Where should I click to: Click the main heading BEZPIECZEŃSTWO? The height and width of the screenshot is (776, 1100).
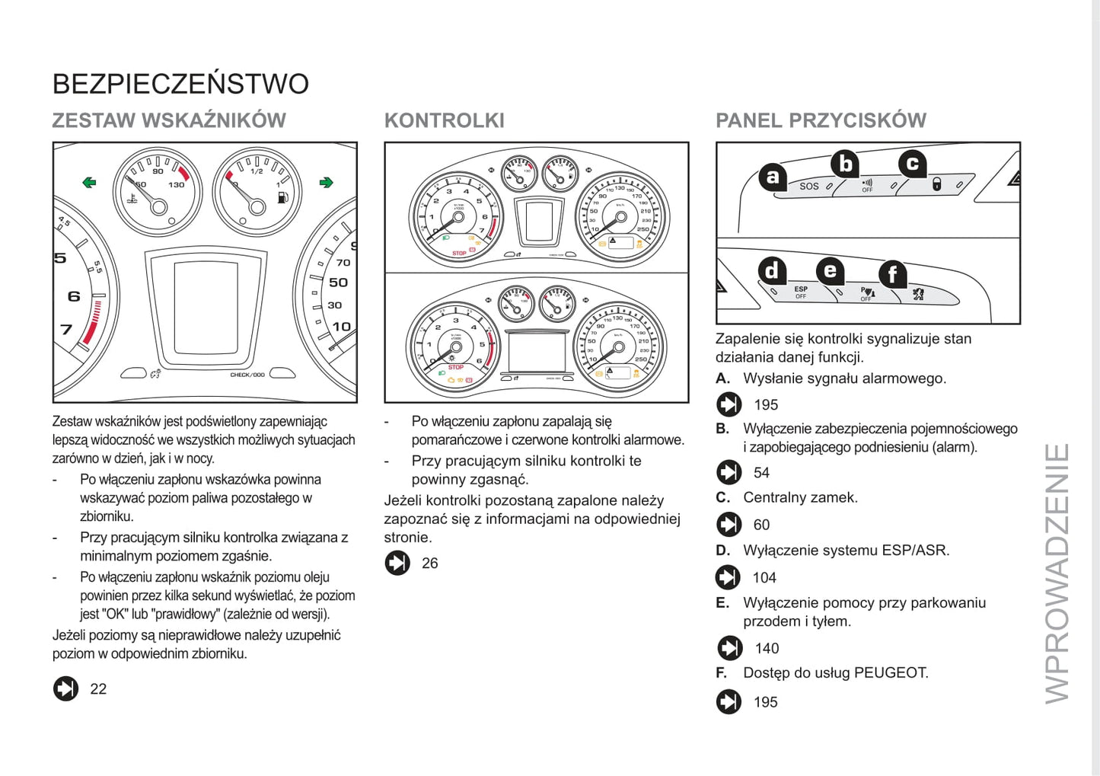point(180,84)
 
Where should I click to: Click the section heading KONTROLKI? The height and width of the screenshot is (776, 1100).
point(444,120)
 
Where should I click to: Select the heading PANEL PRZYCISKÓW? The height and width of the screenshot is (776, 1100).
point(821,120)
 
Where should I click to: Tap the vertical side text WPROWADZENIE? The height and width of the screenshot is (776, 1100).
point(1057,573)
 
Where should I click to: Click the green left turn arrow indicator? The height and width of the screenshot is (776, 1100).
point(90,182)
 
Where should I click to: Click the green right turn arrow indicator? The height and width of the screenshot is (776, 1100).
point(327,182)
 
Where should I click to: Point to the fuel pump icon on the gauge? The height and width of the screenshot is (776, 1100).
point(283,198)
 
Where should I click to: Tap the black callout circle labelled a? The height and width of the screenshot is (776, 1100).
point(773,177)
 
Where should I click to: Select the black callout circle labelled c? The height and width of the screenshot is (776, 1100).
point(912,163)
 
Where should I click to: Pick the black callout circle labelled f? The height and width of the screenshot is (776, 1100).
point(892,274)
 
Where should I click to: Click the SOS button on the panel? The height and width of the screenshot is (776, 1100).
point(808,186)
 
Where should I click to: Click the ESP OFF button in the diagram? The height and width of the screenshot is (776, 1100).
point(801,292)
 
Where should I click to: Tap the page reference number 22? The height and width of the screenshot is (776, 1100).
point(98,689)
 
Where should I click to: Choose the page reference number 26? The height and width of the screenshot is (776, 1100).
point(430,564)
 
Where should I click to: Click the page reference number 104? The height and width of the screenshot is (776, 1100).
point(764,578)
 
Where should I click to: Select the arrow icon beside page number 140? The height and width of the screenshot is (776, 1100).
point(729,648)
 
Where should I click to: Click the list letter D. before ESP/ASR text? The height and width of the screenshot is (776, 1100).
point(723,551)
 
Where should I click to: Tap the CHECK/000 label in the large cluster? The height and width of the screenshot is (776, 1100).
point(247,375)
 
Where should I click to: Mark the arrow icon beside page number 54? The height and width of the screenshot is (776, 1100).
point(729,472)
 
